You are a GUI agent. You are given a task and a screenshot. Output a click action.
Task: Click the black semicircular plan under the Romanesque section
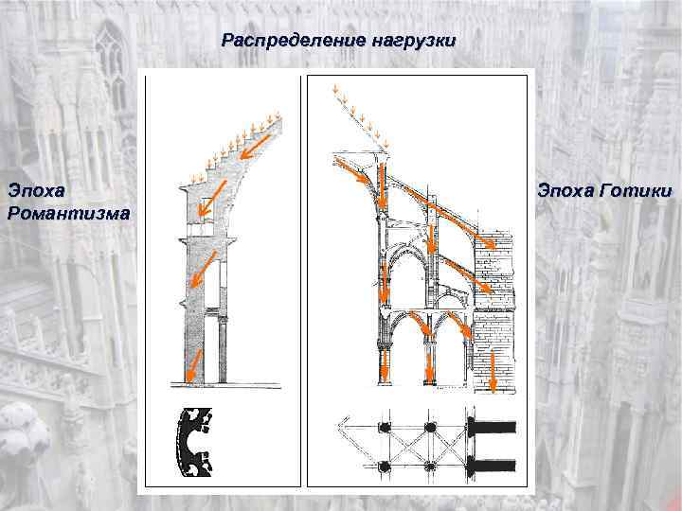[194, 445]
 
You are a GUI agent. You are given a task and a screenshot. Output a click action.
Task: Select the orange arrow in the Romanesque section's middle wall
[199, 274]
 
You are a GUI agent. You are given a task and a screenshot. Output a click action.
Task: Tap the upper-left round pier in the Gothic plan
[386, 428]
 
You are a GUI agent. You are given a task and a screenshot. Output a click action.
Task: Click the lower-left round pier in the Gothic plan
[386, 466]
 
